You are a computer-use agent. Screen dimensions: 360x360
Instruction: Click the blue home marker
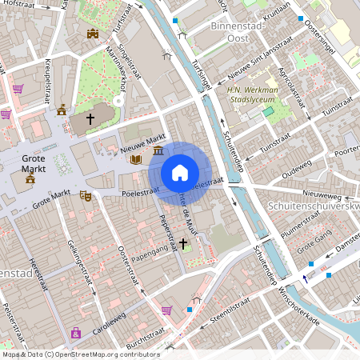point(180,172)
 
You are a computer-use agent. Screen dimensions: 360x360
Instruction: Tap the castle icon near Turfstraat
point(93,34)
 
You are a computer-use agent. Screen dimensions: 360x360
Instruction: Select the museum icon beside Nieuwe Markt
point(158,150)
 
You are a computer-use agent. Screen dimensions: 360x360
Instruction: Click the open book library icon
point(136,160)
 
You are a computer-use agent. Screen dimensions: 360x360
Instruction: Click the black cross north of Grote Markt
point(90,118)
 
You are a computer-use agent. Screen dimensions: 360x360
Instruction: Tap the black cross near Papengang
point(183,242)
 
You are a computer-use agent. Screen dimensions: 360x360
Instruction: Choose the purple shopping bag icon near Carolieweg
point(76,332)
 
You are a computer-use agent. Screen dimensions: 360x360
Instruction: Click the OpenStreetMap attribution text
point(80,354)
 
